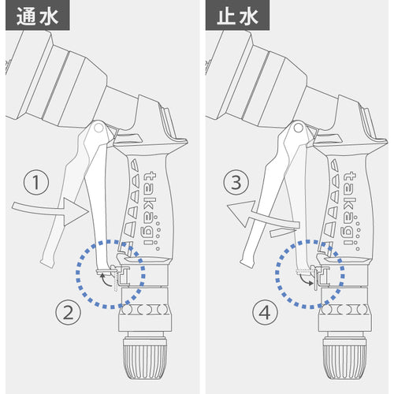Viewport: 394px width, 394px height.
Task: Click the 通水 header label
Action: pyautogui.click(x=38, y=17)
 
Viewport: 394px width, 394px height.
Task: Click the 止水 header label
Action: pyautogui.click(x=237, y=17)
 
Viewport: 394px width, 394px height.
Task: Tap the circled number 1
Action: pyautogui.click(x=36, y=182)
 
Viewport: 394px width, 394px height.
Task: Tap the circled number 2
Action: pyautogui.click(x=69, y=313)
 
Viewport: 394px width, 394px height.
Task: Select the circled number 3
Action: pyautogui.click(x=236, y=182)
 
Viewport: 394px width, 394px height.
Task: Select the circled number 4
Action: pyautogui.click(x=265, y=313)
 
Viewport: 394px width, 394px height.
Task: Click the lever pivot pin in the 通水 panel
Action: pyautogui.click(x=98, y=128)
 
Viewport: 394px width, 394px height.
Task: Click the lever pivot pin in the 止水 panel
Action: pyautogui.click(x=299, y=128)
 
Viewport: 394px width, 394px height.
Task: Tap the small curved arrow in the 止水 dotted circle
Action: pyautogui.click(x=306, y=280)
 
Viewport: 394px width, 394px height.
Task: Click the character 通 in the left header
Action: pyautogui.click(x=27, y=17)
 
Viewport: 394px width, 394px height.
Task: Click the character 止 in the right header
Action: pyautogui.click(x=227, y=17)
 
